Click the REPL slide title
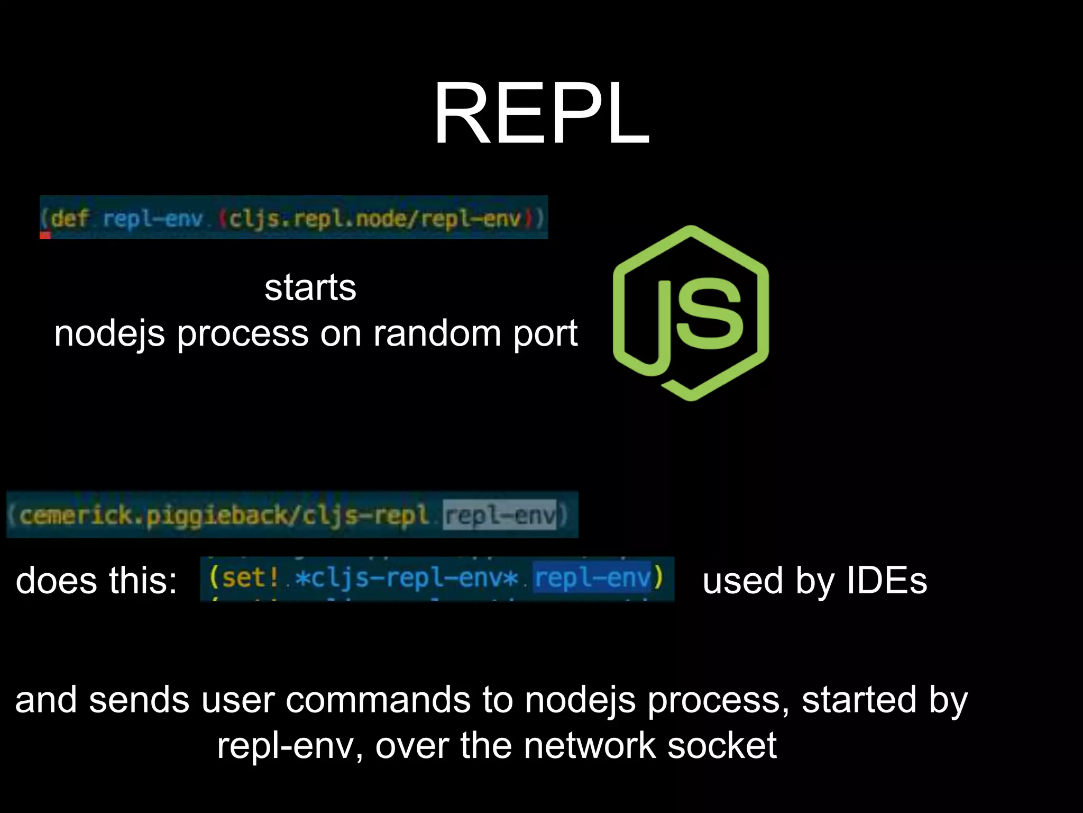541,113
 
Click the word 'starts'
310,288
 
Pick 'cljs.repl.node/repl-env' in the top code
374,218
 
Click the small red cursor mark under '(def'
45,235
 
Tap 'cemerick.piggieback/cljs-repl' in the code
223,515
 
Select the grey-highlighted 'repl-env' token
500,515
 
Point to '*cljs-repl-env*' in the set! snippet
406,577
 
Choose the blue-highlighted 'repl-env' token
592,577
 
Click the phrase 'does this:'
96,581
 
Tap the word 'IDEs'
887,581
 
